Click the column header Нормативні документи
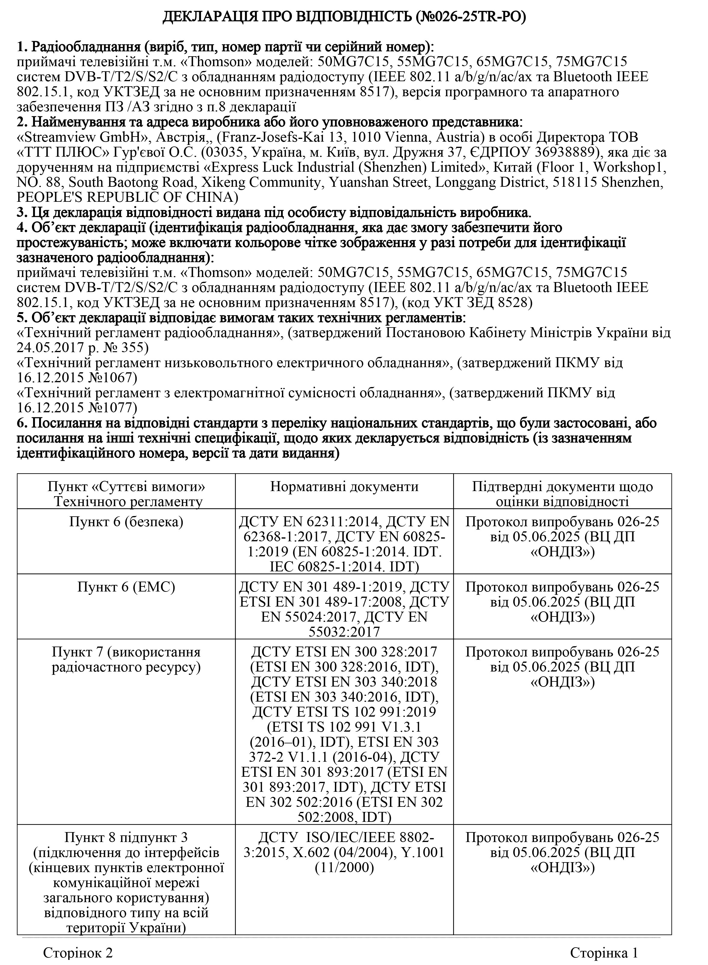[344, 487]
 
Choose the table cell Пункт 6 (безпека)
[126, 522]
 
